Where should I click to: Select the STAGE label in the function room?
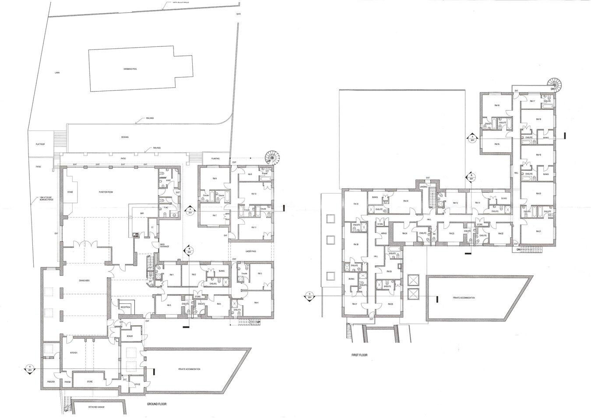coord(69,192)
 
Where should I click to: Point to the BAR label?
coord(141,214)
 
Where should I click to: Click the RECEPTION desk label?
coord(125,307)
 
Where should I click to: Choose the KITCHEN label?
coord(74,352)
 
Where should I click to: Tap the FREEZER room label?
coord(51,382)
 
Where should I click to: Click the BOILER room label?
coord(130,336)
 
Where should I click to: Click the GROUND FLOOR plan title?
coord(156,405)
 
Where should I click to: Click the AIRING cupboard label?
coord(384,233)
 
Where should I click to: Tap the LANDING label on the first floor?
coord(423,186)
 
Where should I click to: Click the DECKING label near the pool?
coord(125,137)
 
